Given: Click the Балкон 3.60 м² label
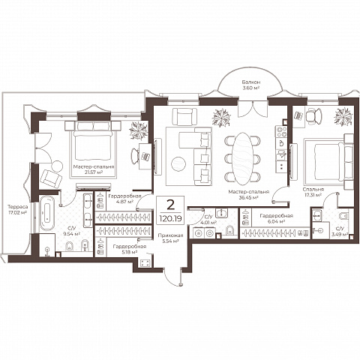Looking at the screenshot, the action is [x=250, y=85].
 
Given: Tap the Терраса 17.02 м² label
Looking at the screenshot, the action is [x=17, y=209].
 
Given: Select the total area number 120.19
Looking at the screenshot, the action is [x=170, y=219].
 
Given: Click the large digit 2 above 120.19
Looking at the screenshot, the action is [x=170, y=205].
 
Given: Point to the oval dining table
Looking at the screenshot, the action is [x=242, y=158].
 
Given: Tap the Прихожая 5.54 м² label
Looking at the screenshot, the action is [x=170, y=238].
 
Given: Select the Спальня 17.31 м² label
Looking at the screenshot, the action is [x=313, y=192].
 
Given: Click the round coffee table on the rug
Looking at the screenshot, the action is [x=178, y=164].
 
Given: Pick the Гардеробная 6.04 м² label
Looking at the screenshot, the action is [x=276, y=218].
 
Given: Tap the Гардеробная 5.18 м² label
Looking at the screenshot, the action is [x=130, y=249].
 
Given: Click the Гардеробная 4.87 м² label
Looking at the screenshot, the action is [x=124, y=199].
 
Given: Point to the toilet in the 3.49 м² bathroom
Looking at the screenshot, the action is [x=344, y=216].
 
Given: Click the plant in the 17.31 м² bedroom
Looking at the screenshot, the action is [x=343, y=117].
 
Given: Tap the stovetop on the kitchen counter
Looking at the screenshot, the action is [x=281, y=131].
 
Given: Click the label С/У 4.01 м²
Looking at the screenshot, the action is [x=209, y=220].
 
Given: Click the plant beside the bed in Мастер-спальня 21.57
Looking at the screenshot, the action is [x=138, y=130].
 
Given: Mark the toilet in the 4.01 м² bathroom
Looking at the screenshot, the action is [x=229, y=230].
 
